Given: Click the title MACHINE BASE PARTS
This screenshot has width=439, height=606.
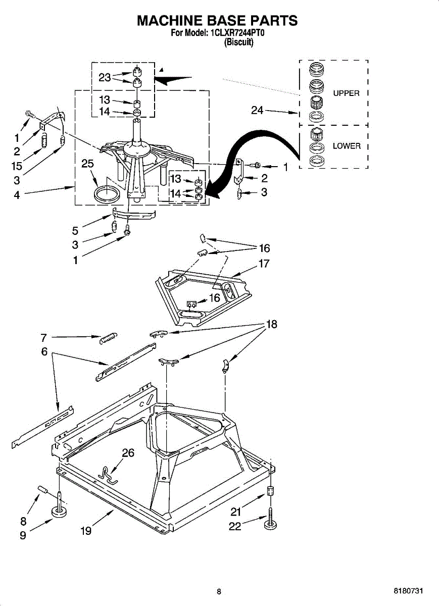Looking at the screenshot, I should tap(218, 21).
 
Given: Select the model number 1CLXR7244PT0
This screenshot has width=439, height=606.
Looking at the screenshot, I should tap(237, 33).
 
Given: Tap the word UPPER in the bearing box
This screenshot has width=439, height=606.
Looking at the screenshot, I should tap(346, 93).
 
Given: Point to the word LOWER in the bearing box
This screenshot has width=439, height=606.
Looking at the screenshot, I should tap(347, 146).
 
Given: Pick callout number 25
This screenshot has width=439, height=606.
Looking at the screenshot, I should tap(88, 164).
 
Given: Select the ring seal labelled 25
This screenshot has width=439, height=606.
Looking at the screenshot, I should tap(107, 193).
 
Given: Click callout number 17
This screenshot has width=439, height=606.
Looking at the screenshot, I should tap(264, 264).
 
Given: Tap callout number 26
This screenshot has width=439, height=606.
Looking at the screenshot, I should tap(128, 453).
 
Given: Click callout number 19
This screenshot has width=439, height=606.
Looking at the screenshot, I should tap(86, 531).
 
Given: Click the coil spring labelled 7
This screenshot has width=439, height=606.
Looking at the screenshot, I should tap(108, 337).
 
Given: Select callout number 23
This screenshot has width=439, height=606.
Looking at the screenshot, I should tap(105, 77).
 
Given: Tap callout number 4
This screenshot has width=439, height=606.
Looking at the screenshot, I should tap(17, 195).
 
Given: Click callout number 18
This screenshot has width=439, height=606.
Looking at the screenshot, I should tap(272, 325).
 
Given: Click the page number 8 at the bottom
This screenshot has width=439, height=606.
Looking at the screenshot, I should tap(219, 591).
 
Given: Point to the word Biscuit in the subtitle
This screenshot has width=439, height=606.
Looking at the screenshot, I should tap(238, 42).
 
